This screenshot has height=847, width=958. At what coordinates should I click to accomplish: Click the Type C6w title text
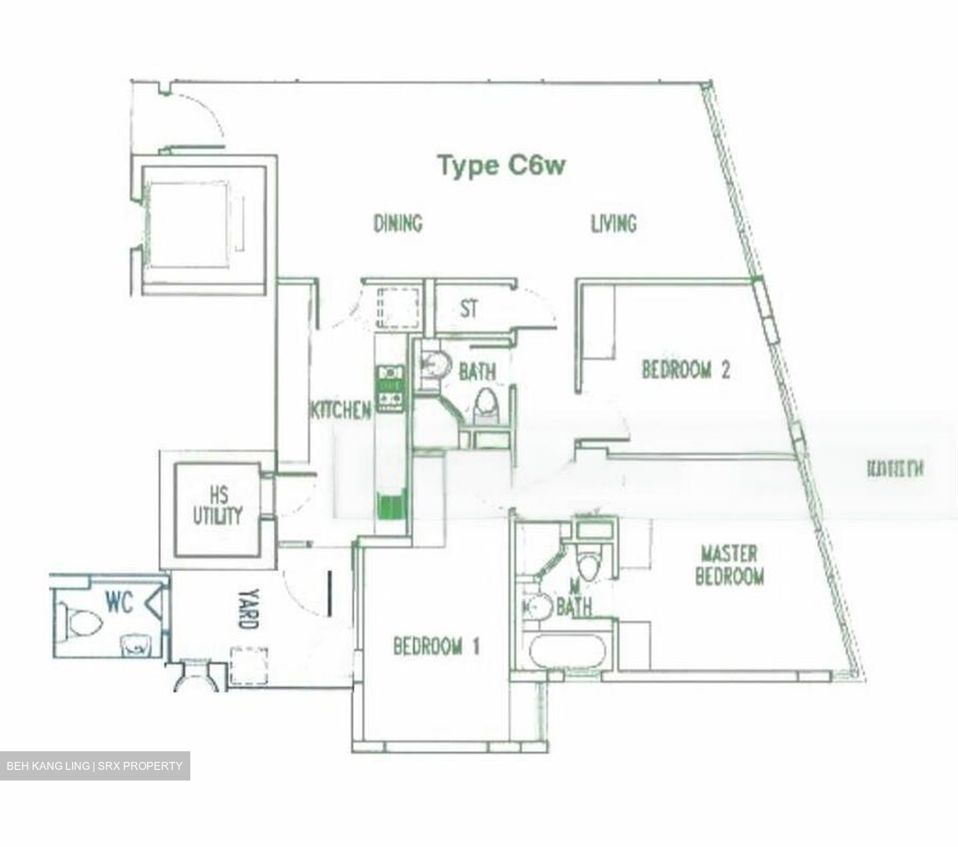tap(502, 165)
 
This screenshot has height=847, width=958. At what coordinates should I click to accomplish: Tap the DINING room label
tap(398, 223)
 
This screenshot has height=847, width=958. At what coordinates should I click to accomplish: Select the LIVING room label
tap(613, 223)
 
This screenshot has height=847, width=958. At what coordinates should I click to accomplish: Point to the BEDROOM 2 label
tap(685, 370)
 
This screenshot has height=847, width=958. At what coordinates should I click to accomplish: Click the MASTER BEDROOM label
tap(729, 564)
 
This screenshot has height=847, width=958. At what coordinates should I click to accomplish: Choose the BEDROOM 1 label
tap(436, 646)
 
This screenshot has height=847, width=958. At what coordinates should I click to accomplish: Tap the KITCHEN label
tap(340, 410)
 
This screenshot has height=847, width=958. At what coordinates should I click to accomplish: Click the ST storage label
tap(469, 308)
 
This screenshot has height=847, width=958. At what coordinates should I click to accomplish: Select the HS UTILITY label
tap(218, 506)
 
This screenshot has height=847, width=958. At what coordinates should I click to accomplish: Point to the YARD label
tap(245, 608)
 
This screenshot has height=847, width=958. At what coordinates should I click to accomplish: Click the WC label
tap(119, 602)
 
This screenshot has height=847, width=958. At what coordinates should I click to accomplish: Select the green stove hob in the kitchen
tap(391, 388)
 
